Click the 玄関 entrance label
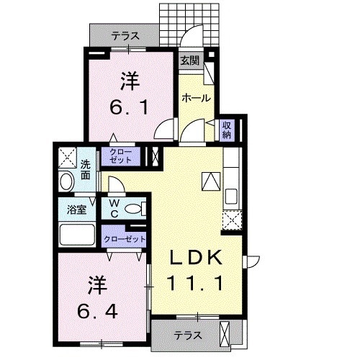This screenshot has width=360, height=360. point(189,60)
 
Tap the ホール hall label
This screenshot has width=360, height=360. point(195,97)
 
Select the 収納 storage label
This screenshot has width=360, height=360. point(226,130)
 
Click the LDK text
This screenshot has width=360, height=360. point(195,258)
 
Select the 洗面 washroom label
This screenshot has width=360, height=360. point(86,168)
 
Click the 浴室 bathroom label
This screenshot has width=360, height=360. point(76,210)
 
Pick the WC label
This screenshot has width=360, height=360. point(114,209)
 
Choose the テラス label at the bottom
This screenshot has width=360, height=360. point(187,335)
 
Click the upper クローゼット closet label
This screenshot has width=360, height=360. point(119,156)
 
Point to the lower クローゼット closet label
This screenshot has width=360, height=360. point(124,238)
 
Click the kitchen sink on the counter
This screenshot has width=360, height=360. point(231,196)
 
